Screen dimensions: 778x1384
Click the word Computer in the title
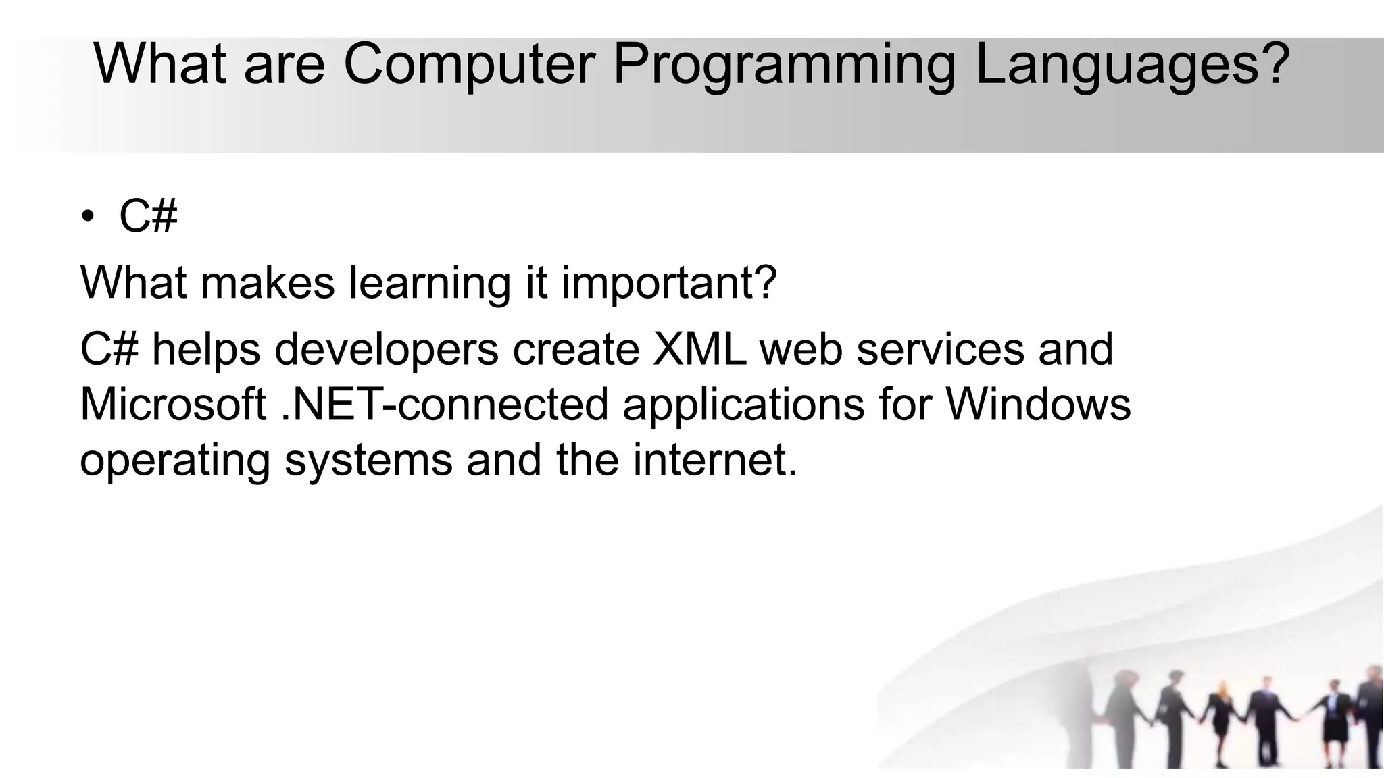[x=469, y=64]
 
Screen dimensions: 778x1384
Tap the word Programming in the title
[x=784, y=64]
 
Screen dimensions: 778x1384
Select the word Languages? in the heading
[x=1132, y=64]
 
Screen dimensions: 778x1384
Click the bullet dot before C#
[x=87, y=217]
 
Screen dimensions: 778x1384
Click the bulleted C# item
[x=148, y=217]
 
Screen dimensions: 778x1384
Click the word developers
[x=387, y=350]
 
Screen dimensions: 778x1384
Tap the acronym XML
[x=699, y=350]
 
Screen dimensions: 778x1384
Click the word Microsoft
[x=173, y=405]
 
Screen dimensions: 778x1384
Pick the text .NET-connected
[x=445, y=405]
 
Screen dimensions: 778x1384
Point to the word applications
[x=743, y=405]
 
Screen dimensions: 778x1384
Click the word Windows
[x=1038, y=405]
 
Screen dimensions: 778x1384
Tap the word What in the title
[x=160, y=64]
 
